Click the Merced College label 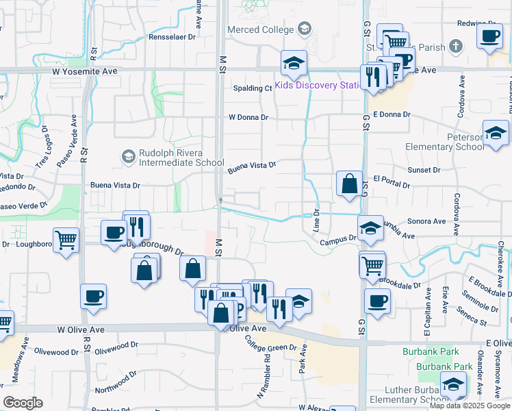(x=260, y=29)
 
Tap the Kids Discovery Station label (x=318, y=86)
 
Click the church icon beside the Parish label (x=457, y=47)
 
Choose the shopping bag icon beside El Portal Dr (x=349, y=184)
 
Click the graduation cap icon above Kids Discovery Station (x=294, y=63)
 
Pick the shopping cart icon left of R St (x=66, y=240)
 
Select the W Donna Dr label (x=248, y=117)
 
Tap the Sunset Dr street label (x=424, y=170)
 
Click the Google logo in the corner (x=23, y=403)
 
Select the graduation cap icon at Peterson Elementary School (x=495, y=132)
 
